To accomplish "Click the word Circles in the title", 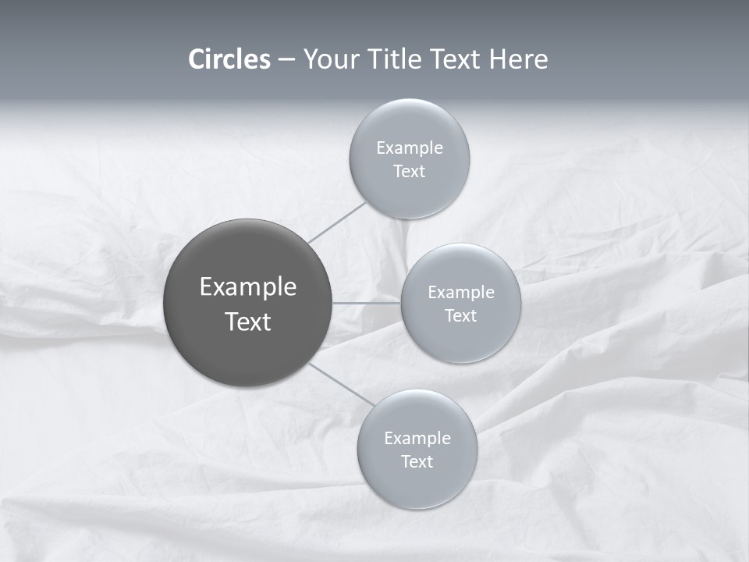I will (229, 59).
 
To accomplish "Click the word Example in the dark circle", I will (248, 287).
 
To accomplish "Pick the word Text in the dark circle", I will (248, 322).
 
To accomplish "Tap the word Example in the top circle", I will (409, 148).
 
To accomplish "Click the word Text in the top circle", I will (409, 172).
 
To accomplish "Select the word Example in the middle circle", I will (460, 293).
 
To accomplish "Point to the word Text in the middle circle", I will (460, 316).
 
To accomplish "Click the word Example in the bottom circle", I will (417, 439).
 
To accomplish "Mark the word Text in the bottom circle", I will (417, 462).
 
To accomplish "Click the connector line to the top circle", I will (336, 222).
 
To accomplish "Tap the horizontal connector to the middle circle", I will (367, 302).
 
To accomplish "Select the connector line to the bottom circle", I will (338, 383).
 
